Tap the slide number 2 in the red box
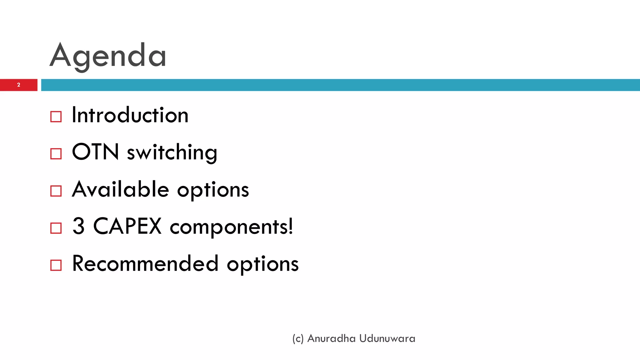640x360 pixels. click(x=19, y=85)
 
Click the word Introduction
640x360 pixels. click(x=130, y=115)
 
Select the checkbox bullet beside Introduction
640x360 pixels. click(x=56, y=117)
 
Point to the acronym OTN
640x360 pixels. click(x=95, y=152)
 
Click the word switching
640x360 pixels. click(x=172, y=152)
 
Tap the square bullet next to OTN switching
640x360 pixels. click(x=56, y=154)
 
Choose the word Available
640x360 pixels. click(x=121, y=189)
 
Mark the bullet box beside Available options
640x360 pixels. click(x=56, y=191)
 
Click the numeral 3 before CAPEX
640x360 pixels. click(x=78, y=226)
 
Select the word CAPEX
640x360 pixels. click(x=127, y=226)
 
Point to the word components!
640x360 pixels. click(x=232, y=227)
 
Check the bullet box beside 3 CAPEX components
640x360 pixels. click(x=56, y=228)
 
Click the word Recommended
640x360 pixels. click(x=145, y=263)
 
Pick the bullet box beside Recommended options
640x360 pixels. click(x=56, y=265)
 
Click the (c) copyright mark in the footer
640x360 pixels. click(x=298, y=339)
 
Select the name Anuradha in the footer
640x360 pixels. click(x=332, y=338)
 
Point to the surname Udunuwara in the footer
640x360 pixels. click(x=387, y=338)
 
